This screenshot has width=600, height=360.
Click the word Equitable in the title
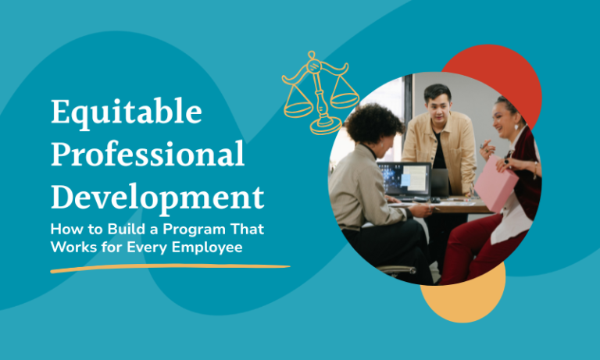pos(126,114)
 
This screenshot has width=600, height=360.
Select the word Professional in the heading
pos(148,156)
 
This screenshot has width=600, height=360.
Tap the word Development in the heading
pos(156,197)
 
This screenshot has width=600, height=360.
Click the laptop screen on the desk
pos(403,179)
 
